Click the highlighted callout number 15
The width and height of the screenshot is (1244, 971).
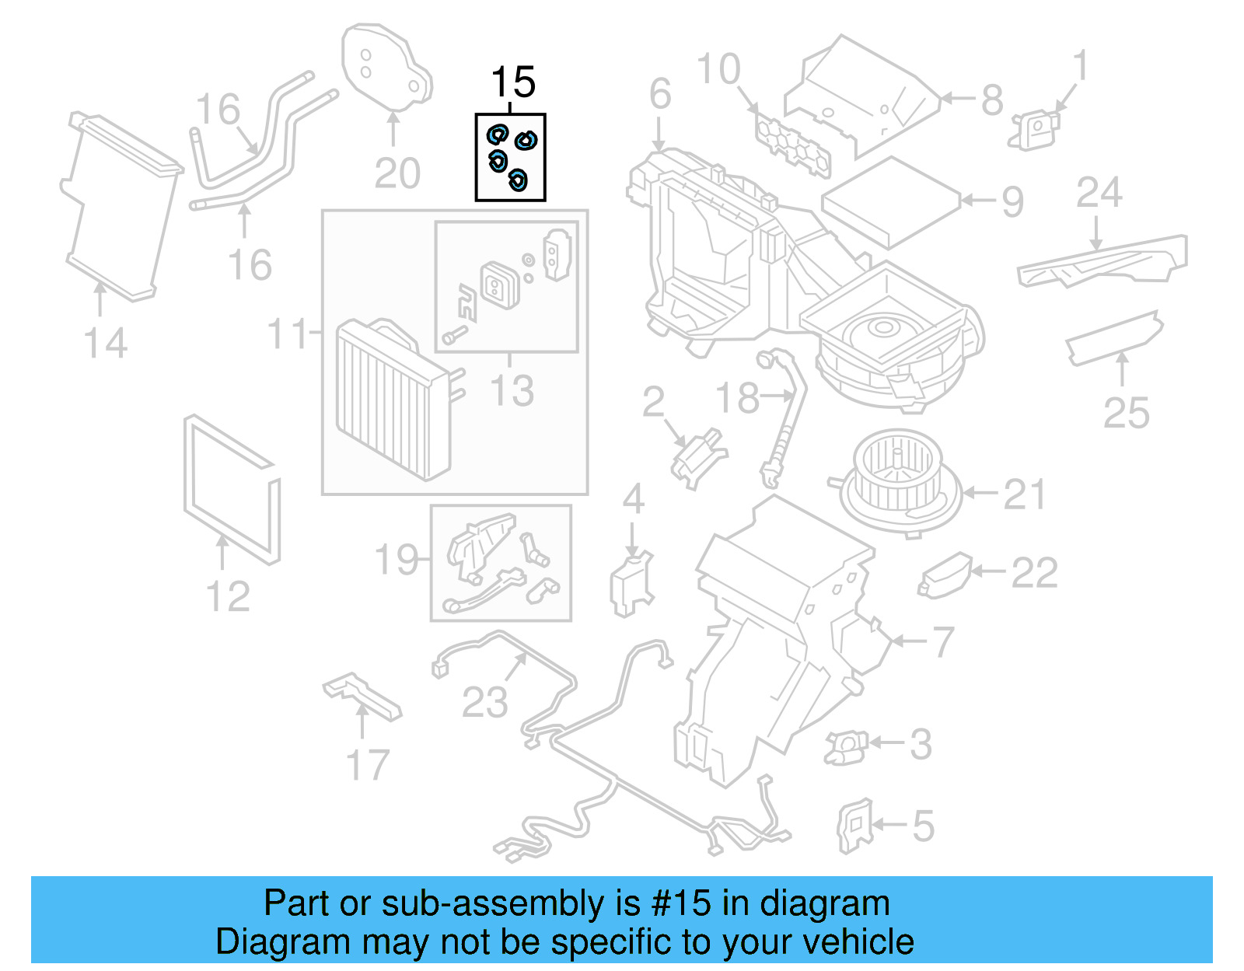pos(513,82)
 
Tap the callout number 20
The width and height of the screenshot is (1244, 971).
pos(397,173)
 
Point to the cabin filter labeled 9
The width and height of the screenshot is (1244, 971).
pos(891,201)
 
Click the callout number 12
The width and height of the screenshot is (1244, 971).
pos(228,597)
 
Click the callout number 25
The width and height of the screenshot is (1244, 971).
pos(1126,413)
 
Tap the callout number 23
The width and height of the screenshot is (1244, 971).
pos(484,703)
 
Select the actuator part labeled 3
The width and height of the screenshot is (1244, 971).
pos(845,747)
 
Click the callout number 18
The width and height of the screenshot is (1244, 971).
pos(736,398)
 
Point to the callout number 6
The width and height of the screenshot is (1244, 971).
pos(660,95)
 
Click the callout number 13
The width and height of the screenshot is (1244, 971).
pos(512,390)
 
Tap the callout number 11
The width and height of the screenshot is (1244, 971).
pos(288,334)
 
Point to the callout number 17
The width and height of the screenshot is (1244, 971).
pos(367,765)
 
